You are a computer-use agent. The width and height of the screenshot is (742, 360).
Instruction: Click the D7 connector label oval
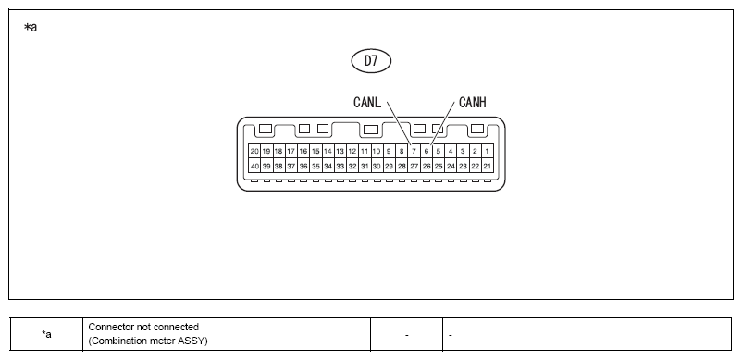tap(371, 61)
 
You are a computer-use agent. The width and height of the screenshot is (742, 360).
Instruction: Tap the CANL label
tap(367, 102)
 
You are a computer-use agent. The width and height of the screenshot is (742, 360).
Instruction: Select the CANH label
tap(472, 102)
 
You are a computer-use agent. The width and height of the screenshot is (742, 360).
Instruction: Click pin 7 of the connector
tap(414, 152)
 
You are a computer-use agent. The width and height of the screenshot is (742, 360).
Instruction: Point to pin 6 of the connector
tap(426, 152)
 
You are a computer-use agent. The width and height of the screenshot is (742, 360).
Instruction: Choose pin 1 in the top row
tap(487, 152)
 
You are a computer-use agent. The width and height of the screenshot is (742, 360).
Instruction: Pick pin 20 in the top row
tap(254, 152)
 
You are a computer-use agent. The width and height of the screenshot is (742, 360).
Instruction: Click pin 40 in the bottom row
tap(254, 166)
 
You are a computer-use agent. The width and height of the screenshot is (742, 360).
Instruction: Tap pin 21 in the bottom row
tap(487, 166)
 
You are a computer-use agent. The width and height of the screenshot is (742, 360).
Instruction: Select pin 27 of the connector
tap(414, 166)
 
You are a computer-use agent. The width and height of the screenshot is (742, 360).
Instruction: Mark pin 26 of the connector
tap(426, 166)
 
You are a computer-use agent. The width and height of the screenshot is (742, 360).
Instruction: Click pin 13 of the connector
tap(340, 152)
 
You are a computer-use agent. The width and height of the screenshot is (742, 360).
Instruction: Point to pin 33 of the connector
tap(340, 166)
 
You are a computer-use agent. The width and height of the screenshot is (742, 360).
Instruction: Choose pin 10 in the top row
tap(377, 152)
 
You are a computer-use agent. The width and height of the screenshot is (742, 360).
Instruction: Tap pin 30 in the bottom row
tap(377, 166)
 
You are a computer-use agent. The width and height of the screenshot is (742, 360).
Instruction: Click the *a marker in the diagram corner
tap(31, 28)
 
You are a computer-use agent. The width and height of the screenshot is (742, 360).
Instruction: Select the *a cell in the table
tap(46, 334)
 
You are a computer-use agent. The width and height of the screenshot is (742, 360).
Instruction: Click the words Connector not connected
tap(143, 327)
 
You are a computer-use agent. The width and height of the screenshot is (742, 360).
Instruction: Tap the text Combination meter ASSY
tap(148, 341)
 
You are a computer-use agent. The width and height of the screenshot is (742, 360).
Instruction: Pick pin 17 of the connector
tap(291, 152)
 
